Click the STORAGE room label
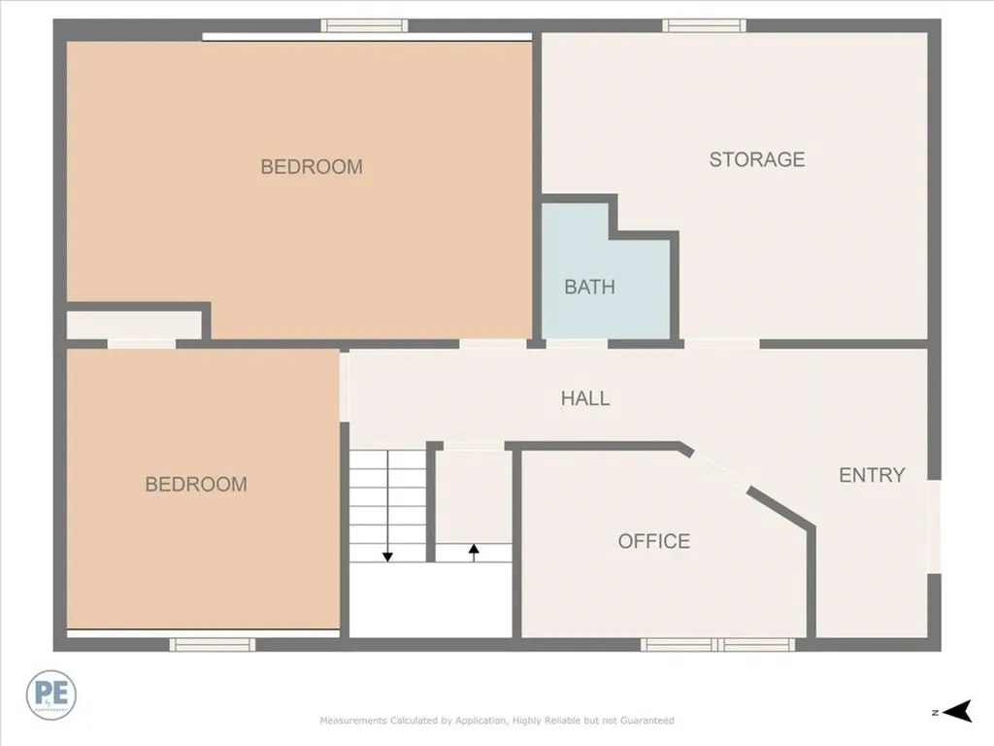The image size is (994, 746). tap(756, 159)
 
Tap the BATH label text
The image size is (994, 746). tap(589, 287)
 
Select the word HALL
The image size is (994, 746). tap(585, 398)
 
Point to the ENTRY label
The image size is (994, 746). tap(872, 475)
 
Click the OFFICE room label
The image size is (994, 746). tap(654, 541)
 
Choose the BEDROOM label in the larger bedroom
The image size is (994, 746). tap(312, 167)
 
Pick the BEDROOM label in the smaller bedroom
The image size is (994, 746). tap(196, 484)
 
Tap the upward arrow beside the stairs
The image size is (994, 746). tap(474, 550)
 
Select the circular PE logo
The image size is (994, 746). tap(51, 695)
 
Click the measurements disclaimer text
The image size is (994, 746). tap(497, 721)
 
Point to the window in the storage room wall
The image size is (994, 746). tap(704, 26)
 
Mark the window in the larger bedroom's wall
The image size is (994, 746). tap(365, 26)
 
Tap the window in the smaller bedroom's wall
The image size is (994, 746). tap(213, 644)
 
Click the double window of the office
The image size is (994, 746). tap(717, 644)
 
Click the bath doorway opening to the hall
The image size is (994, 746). tap(577, 343)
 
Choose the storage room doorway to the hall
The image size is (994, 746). tap(721, 343)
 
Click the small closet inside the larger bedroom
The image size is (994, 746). tap(133, 324)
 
